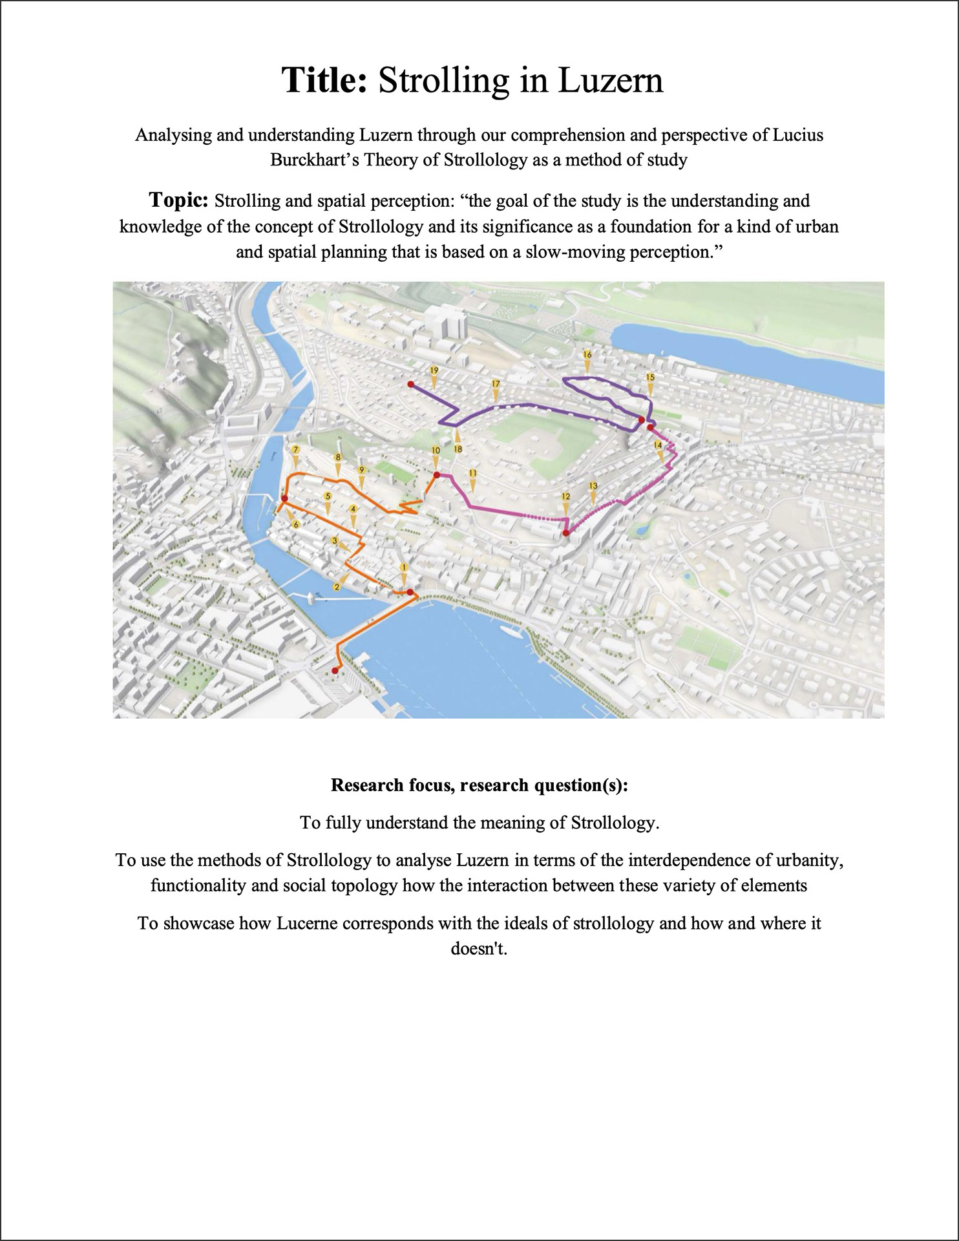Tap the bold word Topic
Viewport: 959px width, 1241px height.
(x=178, y=200)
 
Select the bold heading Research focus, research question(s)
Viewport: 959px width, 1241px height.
(x=479, y=785)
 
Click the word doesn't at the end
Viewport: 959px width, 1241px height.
(x=479, y=948)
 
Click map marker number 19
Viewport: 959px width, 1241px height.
(x=434, y=371)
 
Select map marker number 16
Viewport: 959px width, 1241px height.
(x=587, y=355)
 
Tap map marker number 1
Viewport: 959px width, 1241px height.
(x=405, y=568)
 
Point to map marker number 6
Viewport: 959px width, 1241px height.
(x=296, y=525)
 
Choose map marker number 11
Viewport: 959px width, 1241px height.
(x=472, y=474)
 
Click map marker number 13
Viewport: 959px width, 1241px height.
(x=593, y=486)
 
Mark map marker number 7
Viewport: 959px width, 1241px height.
(x=296, y=450)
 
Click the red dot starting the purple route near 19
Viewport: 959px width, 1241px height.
(x=410, y=385)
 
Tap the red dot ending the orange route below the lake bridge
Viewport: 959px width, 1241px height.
(x=335, y=671)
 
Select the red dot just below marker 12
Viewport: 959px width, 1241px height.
(x=566, y=533)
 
